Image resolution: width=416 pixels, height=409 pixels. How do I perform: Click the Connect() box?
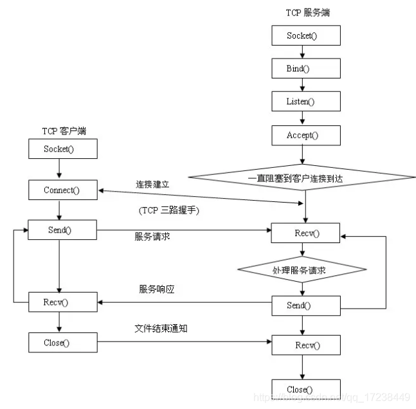point(63,190)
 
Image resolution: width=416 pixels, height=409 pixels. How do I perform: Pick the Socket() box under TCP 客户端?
point(63,149)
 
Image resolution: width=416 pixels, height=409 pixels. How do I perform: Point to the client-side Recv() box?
point(63,302)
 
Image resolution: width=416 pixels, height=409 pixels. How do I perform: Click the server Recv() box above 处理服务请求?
point(305,233)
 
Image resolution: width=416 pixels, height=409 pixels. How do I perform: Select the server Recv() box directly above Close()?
point(305,345)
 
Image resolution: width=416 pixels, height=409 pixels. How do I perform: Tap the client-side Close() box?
point(63,343)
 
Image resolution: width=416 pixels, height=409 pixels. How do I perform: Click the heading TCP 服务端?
point(304,13)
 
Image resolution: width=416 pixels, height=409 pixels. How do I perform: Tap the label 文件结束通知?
point(161,329)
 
